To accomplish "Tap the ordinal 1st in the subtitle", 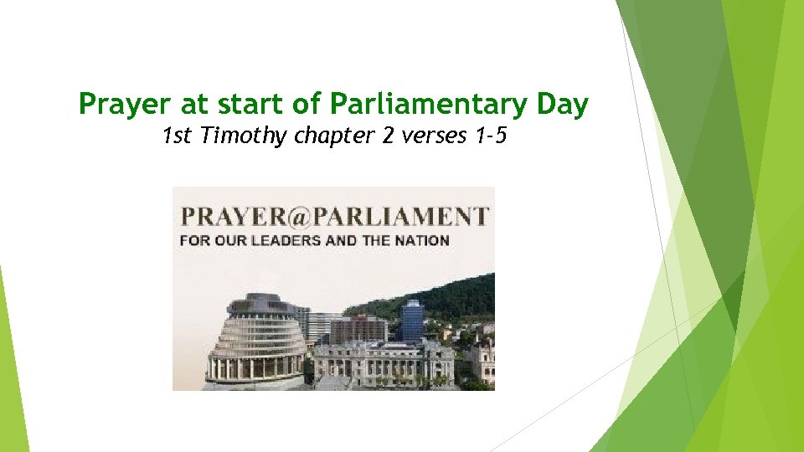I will (x=177, y=136).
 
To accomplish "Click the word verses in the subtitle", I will (x=429, y=136).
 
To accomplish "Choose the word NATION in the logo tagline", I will (x=424, y=239).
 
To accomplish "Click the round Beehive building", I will (x=255, y=343).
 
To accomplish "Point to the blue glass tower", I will (x=412, y=320).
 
